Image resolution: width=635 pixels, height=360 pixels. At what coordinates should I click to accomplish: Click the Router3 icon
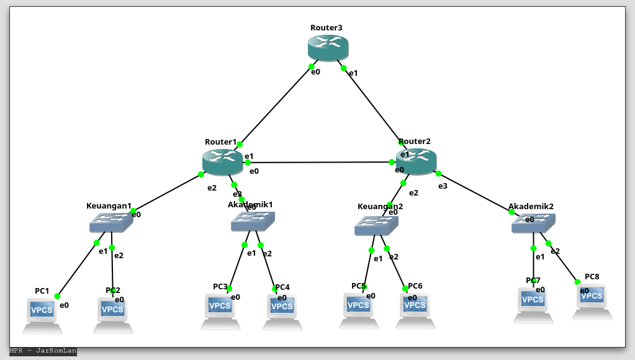coord(328,48)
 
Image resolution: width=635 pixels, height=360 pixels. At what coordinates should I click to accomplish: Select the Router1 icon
coord(222,162)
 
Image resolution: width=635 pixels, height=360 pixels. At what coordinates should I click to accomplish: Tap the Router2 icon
coord(416,161)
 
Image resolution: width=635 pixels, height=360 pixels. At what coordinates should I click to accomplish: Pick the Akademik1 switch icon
coord(253,221)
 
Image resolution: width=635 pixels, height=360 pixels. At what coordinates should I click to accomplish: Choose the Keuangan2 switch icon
coord(376,225)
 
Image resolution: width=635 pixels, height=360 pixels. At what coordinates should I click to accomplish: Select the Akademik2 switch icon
coord(533,223)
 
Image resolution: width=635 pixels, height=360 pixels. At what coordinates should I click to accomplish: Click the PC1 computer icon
coord(42,312)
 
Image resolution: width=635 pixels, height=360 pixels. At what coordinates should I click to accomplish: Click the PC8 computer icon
coord(592,299)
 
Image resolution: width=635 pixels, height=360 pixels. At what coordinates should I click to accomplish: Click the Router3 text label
coord(327,28)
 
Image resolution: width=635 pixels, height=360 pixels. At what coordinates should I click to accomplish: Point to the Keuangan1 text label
coord(109,206)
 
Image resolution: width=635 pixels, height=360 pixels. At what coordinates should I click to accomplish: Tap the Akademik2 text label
coord(531,206)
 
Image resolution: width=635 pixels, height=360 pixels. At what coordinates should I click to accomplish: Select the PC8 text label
coord(592,277)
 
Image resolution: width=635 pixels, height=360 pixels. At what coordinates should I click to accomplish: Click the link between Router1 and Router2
coord(320,162)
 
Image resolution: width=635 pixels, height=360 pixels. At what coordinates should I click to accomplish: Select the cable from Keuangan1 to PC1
coord(77,269)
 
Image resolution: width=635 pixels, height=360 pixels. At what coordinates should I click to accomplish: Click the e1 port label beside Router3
coord(353,73)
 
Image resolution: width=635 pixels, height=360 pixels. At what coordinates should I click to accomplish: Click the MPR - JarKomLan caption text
coord(43,351)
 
